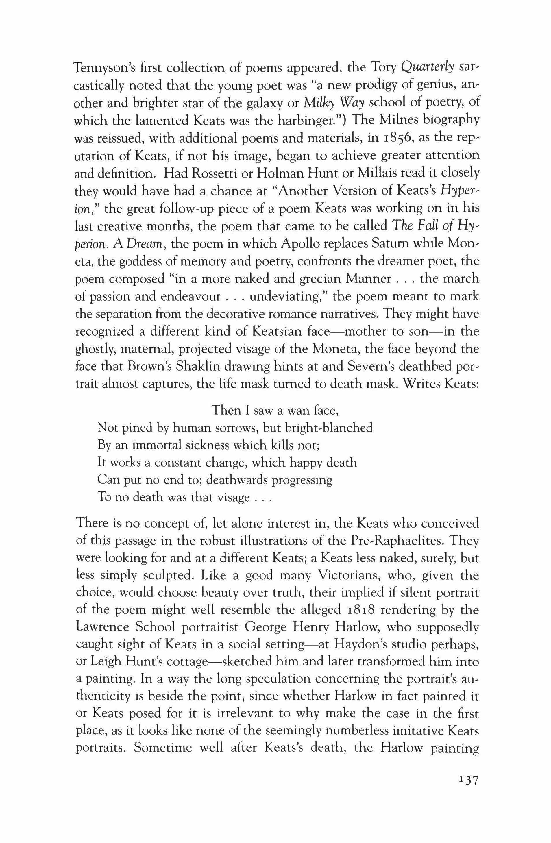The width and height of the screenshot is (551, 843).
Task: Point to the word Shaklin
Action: tap(201, 367)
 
